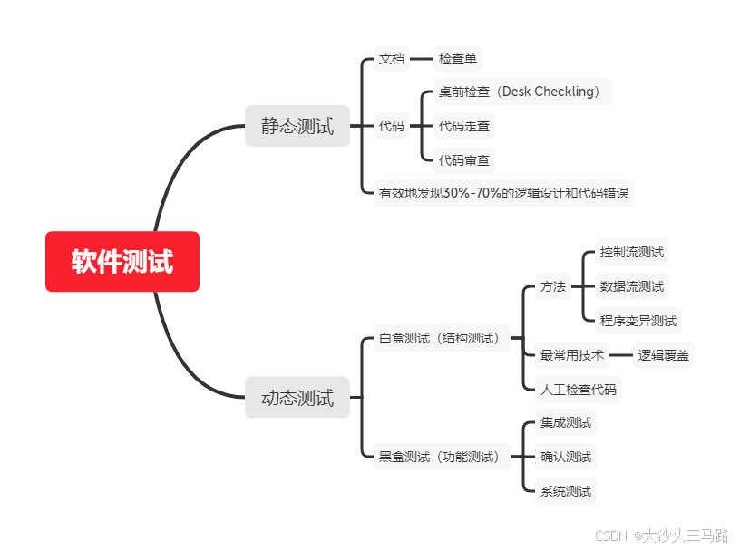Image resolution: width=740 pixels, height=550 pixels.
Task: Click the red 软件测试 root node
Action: coord(122,262)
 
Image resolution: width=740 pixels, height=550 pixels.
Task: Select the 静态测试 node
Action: coord(297,126)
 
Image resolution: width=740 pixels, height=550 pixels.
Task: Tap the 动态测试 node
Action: coord(297,398)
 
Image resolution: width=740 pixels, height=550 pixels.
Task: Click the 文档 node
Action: coord(392,60)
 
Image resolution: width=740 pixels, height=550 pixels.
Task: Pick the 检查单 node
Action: coord(458,60)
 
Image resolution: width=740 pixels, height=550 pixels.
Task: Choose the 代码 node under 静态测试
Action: coord(392,126)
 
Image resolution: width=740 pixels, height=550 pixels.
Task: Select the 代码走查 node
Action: coord(464,126)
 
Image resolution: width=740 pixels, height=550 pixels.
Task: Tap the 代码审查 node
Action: coord(464,160)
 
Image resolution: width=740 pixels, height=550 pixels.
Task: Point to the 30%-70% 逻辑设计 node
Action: coord(503,193)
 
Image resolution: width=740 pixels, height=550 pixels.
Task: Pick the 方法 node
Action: coord(552,287)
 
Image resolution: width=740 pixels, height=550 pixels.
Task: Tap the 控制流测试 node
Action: coord(632,253)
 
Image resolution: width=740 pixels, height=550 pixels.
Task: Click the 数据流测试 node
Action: coord(632,286)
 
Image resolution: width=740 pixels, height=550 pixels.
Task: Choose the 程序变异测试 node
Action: coord(638,320)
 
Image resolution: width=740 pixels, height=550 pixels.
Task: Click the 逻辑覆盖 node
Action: coord(664,355)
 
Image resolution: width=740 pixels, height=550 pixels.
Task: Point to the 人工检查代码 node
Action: coord(579,390)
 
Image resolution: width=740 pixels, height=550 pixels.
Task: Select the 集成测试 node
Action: coord(566,422)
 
